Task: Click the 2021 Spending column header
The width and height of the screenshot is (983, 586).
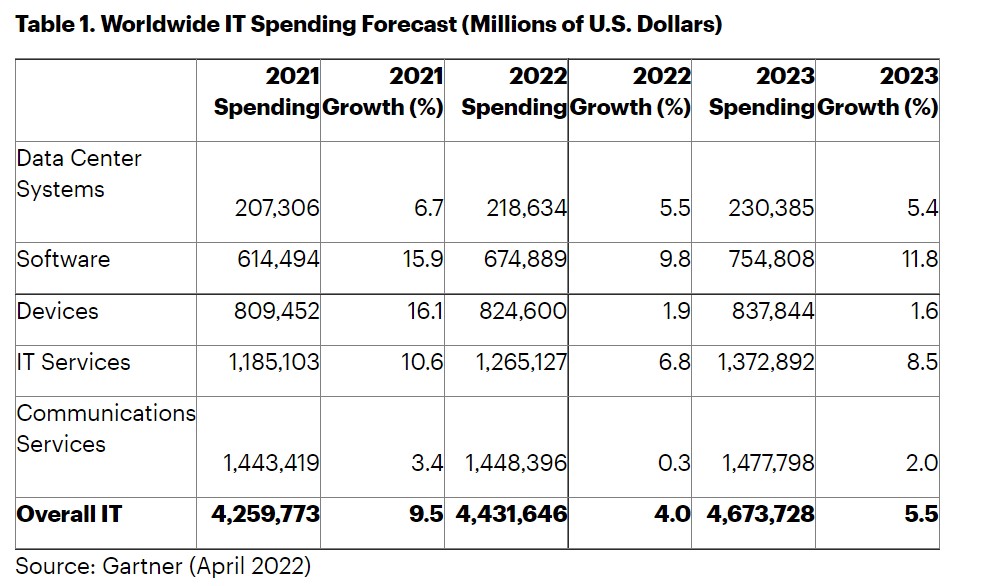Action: pyautogui.click(x=266, y=92)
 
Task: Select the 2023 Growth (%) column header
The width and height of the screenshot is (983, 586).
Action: pyautogui.click(x=878, y=92)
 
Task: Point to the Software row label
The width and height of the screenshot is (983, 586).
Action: pyautogui.click(x=63, y=259)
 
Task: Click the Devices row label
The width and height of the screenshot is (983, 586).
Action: pyautogui.click(x=57, y=311)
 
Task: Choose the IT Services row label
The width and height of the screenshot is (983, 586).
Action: pyautogui.click(x=73, y=361)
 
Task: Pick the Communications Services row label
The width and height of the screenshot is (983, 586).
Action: pyautogui.click(x=106, y=427)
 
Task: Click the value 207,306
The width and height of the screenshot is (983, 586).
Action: pyautogui.click(x=277, y=208)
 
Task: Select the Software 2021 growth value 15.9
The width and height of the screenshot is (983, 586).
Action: pyautogui.click(x=421, y=259)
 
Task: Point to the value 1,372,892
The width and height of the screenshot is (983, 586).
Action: pyautogui.click(x=765, y=361)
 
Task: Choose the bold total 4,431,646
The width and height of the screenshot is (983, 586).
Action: pyautogui.click(x=511, y=514)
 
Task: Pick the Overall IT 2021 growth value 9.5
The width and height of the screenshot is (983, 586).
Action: pyautogui.click(x=428, y=514)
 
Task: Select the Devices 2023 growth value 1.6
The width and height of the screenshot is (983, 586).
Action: pyautogui.click(x=924, y=311)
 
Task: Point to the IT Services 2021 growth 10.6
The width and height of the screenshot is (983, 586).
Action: pyautogui.click(x=421, y=361)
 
